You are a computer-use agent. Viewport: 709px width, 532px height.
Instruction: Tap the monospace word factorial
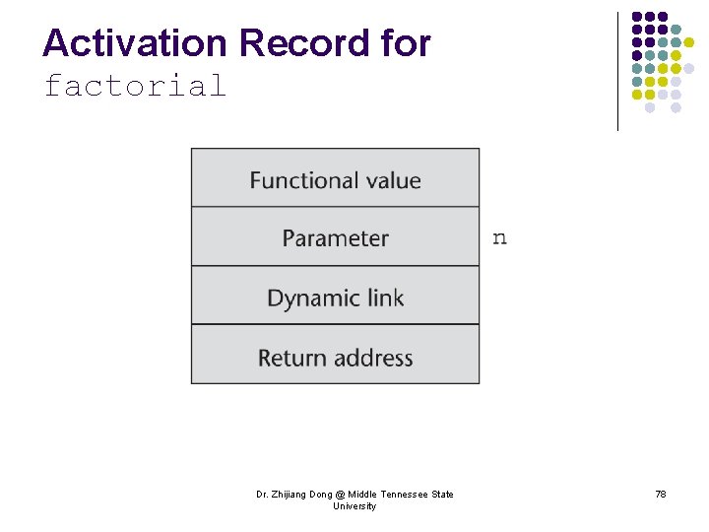(135, 87)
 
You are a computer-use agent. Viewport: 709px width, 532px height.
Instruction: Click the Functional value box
(335, 179)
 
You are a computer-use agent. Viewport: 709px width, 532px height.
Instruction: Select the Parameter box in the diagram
(335, 237)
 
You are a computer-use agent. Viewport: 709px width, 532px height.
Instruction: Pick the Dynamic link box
(335, 297)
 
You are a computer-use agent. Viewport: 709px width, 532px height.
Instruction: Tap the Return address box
(335, 357)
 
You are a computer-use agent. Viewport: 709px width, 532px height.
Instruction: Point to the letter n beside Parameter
(499, 237)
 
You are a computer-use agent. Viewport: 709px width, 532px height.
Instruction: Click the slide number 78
(660, 495)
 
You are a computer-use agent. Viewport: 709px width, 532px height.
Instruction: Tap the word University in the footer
(354, 506)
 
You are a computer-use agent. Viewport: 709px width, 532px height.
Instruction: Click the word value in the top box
(391, 180)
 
